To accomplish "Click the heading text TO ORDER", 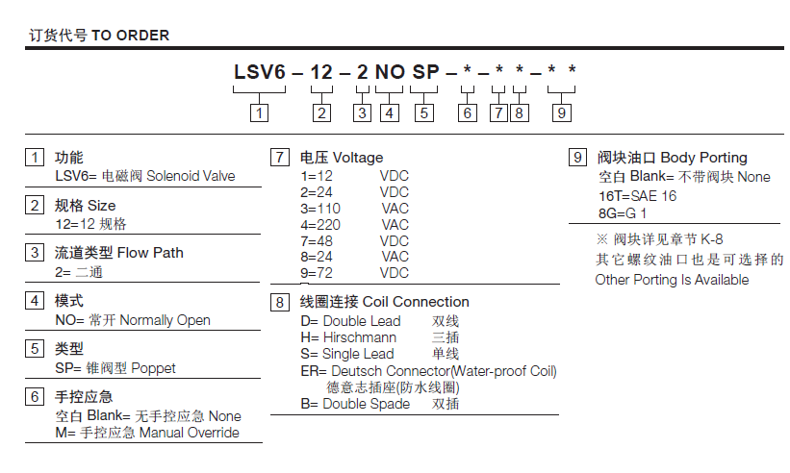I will point(130,36).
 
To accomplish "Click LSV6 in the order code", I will point(260,72).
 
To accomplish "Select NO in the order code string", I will point(389,72).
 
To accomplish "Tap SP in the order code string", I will point(424,72).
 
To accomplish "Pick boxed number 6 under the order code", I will point(467,112).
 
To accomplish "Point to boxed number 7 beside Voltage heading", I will point(280,158).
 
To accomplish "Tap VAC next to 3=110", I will point(395,209).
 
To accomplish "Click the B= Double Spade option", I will point(355,404).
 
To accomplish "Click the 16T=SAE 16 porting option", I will point(637,195).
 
